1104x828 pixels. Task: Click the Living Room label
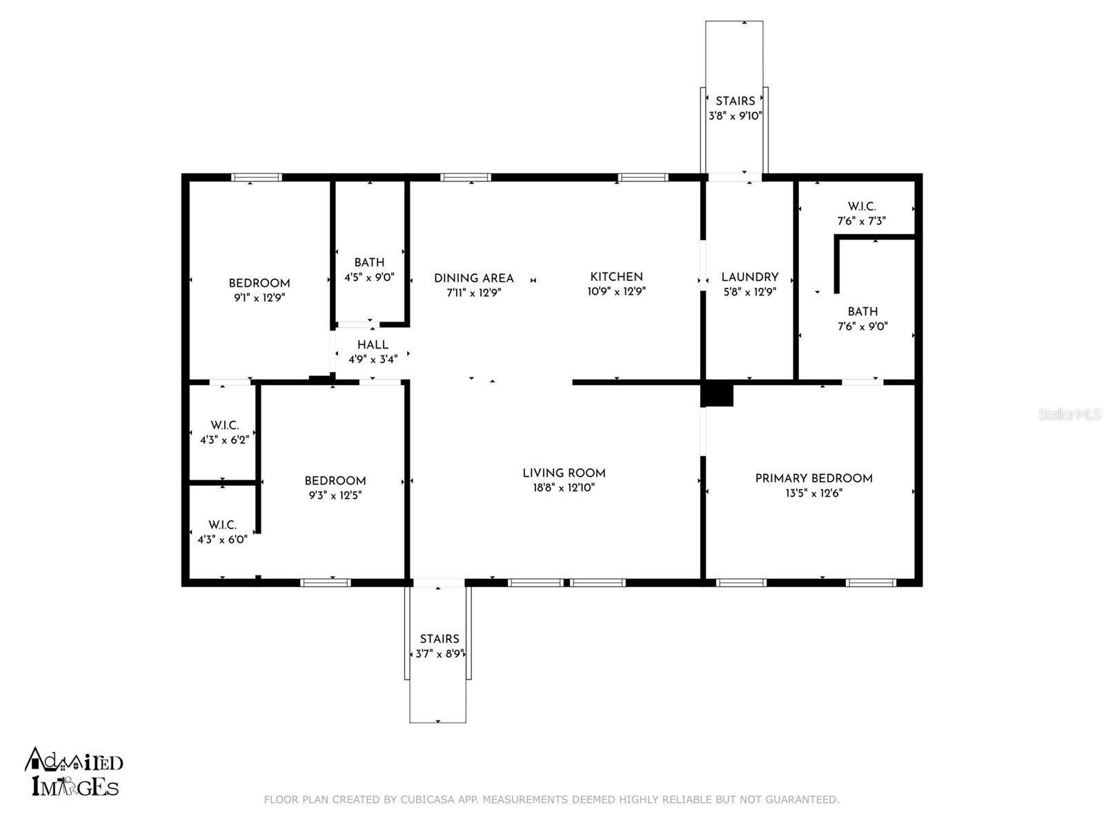coord(564,473)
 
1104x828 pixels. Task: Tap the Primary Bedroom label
coord(814,478)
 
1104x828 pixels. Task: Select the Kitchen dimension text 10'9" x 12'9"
coord(617,292)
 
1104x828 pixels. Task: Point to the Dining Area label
coord(474,278)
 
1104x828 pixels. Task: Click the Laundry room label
coord(750,277)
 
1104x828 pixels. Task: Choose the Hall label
coord(373,345)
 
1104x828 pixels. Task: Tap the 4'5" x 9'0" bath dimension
coord(369,277)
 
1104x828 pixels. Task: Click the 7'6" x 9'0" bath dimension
coord(862,326)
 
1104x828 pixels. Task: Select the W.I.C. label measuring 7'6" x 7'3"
coord(862,206)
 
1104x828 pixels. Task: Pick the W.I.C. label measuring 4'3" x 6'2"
coord(224,425)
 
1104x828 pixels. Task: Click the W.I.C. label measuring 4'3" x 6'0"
coord(222,525)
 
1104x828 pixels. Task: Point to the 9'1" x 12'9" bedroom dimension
coord(259,298)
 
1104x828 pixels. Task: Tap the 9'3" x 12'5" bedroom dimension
coord(335,495)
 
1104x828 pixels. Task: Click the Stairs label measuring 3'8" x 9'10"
coord(736,101)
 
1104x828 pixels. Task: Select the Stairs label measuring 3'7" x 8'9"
coord(440,639)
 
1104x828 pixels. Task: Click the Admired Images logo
coord(74,771)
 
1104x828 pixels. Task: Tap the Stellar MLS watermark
coord(1069,415)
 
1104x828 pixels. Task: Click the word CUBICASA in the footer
coord(427,799)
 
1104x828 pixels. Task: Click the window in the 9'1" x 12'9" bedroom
coord(257,177)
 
